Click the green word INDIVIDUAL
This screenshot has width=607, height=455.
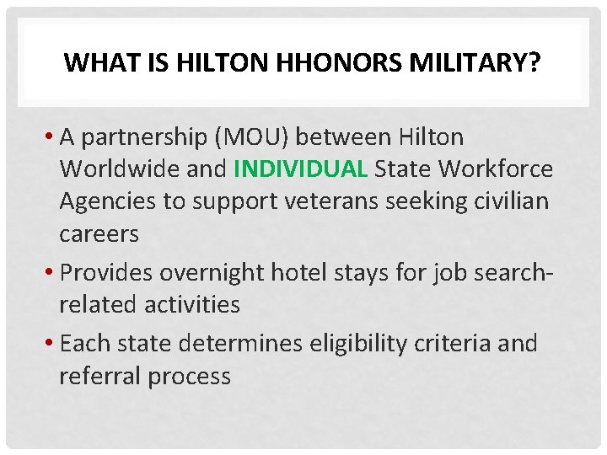301,169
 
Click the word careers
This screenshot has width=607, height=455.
99,234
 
